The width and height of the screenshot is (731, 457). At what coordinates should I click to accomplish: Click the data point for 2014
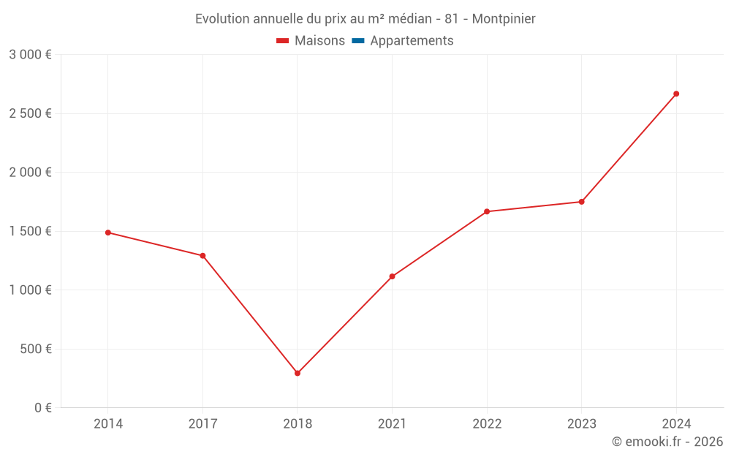click(108, 233)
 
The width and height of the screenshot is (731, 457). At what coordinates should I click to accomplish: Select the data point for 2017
click(202, 256)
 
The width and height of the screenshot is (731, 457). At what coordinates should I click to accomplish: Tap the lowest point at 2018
click(298, 373)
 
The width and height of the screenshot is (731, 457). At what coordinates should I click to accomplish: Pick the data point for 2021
click(392, 276)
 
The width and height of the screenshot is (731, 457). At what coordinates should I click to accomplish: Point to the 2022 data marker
click(487, 211)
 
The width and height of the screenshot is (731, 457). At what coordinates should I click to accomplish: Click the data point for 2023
click(581, 202)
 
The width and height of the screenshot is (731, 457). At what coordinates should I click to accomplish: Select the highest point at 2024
click(676, 94)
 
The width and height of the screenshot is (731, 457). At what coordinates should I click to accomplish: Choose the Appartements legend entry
click(412, 41)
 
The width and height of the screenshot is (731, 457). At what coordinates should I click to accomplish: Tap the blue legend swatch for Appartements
click(358, 41)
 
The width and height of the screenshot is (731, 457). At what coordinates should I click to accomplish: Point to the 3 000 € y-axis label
click(30, 55)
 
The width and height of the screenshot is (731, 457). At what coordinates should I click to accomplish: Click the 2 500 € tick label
click(30, 113)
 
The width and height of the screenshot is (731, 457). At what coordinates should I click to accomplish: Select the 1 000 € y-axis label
click(30, 290)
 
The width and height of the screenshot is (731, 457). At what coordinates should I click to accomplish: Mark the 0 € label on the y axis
click(43, 407)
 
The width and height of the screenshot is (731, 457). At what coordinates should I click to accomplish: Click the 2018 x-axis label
click(298, 423)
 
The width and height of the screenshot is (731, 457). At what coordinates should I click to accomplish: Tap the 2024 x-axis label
click(676, 423)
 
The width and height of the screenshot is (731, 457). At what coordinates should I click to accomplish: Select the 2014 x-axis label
click(108, 423)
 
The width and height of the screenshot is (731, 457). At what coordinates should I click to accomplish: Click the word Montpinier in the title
click(504, 19)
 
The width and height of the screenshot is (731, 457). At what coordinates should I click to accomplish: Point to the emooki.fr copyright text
click(667, 442)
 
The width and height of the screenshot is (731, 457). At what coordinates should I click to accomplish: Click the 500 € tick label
click(35, 349)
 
